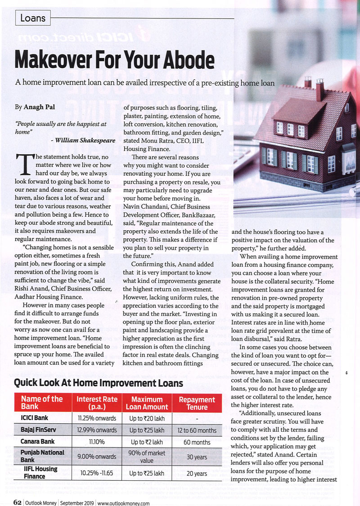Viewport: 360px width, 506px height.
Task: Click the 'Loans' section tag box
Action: coord(33,18)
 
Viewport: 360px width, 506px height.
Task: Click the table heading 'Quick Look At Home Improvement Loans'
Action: coord(99,383)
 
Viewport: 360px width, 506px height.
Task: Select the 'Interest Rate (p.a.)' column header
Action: coord(97,403)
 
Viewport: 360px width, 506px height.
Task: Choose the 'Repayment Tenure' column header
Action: coord(197,403)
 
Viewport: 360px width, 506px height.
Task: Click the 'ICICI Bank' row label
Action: coord(35,418)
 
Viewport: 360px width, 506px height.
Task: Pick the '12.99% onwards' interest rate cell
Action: coord(97,430)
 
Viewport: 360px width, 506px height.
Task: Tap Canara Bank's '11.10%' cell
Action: coord(97,442)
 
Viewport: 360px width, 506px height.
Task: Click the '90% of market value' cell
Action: coord(147,457)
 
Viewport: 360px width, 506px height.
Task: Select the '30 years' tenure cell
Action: coord(197,457)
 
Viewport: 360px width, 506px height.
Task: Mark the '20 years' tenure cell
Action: coord(197,473)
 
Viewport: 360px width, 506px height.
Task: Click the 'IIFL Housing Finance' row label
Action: coord(40,472)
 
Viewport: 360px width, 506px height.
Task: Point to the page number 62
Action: coord(17,503)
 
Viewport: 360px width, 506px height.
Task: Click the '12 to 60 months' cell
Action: coord(197,430)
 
